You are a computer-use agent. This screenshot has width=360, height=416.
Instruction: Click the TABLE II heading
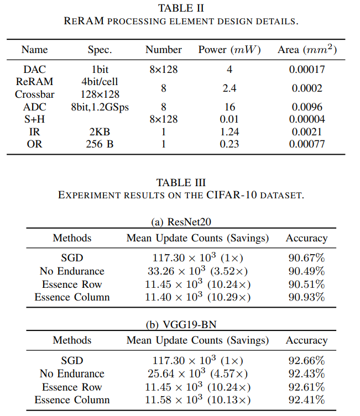coord(181,8)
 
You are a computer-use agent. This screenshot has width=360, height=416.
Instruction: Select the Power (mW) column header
coord(229,50)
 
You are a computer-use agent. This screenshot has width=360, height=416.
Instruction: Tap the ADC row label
coord(34,107)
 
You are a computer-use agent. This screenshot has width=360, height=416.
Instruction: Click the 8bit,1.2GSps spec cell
coord(100,107)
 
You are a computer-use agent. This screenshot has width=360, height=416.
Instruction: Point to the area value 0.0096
coord(306,107)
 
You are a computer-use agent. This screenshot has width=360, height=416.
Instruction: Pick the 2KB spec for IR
coord(100,131)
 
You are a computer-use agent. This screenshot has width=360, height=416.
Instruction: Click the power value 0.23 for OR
coord(229,144)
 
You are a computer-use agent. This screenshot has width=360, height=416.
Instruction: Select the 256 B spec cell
coord(100,144)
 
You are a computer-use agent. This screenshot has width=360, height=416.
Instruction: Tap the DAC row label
coord(34,70)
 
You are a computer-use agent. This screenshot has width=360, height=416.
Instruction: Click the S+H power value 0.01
coord(229,119)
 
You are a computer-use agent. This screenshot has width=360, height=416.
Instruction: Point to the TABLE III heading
coord(181,183)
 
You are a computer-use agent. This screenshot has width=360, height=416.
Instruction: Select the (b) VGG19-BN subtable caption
coord(181,324)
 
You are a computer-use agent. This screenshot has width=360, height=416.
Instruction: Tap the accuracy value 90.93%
coord(306,297)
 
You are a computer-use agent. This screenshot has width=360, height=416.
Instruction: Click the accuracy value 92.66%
coord(306,361)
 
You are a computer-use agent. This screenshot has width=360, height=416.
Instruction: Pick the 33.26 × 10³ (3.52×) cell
coord(197,271)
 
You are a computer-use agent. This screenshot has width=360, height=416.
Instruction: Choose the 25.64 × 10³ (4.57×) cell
coord(197,374)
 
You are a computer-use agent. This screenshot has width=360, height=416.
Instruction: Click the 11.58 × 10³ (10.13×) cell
coord(197,400)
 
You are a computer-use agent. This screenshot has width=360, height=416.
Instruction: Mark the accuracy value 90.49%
coord(306,271)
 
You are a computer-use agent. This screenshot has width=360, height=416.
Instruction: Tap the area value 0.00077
coord(306,144)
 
